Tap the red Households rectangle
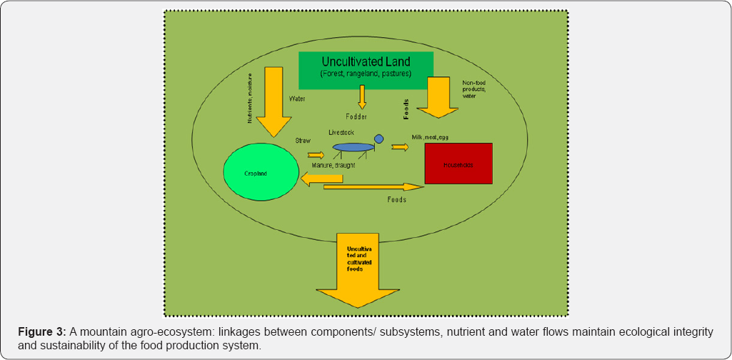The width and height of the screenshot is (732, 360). pyautogui.click(x=458, y=164)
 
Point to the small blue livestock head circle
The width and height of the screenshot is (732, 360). pyautogui.click(x=378, y=139)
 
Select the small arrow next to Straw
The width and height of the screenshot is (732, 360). pyautogui.click(x=315, y=154)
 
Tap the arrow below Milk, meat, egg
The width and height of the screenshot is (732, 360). pyautogui.click(x=400, y=147)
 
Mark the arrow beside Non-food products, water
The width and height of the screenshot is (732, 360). pyautogui.click(x=436, y=98)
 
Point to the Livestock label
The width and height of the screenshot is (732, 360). pyautogui.click(x=342, y=133)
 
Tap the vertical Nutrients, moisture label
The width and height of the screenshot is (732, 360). pyautogui.click(x=249, y=98)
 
